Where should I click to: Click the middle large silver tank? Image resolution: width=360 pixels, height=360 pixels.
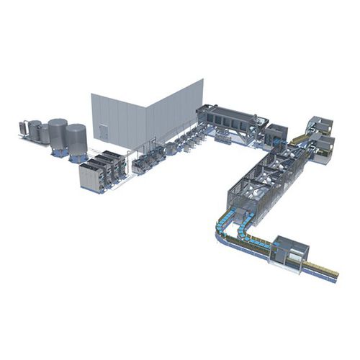pyautogui.click(x=58, y=132)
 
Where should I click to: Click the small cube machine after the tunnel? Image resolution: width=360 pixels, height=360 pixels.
pyautogui.click(x=274, y=134)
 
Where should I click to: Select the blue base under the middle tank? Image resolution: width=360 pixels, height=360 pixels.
pyautogui.click(x=58, y=152)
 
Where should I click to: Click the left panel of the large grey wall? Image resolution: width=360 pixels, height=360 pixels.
pyautogui.click(x=119, y=119)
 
